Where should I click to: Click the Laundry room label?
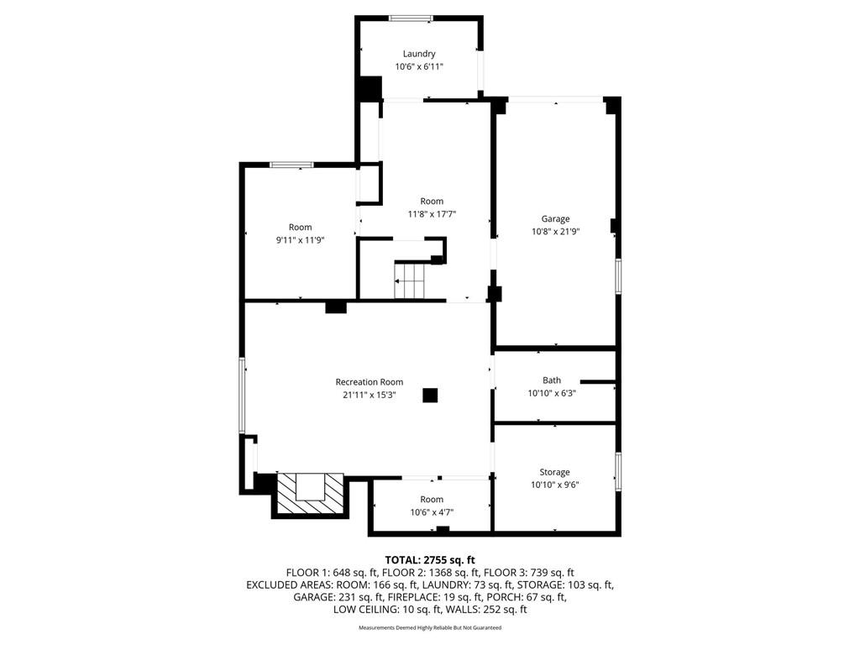[x=419, y=54]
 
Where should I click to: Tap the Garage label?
[x=555, y=219]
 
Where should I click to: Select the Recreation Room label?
[x=370, y=382]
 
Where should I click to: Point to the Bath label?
[x=552, y=380]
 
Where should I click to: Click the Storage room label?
[x=554, y=472]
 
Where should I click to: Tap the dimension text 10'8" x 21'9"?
[x=556, y=232]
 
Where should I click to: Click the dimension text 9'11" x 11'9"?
[x=301, y=239]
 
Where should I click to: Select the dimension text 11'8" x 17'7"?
[x=432, y=214]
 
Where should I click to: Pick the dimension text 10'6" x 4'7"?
[x=432, y=512]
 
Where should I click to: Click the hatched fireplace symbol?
[x=311, y=494]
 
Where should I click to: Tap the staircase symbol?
[x=409, y=281]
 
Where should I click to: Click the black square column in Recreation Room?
[x=430, y=396]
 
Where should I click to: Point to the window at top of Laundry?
[x=411, y=18]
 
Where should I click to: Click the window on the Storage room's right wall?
[x=618, y=471]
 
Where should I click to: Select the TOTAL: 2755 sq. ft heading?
[x=430, y=560]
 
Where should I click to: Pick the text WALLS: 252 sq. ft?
[x=486, y=610]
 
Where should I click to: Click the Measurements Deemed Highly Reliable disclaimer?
[x=430, y=627]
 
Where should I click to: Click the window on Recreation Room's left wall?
[x=241, y=396]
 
